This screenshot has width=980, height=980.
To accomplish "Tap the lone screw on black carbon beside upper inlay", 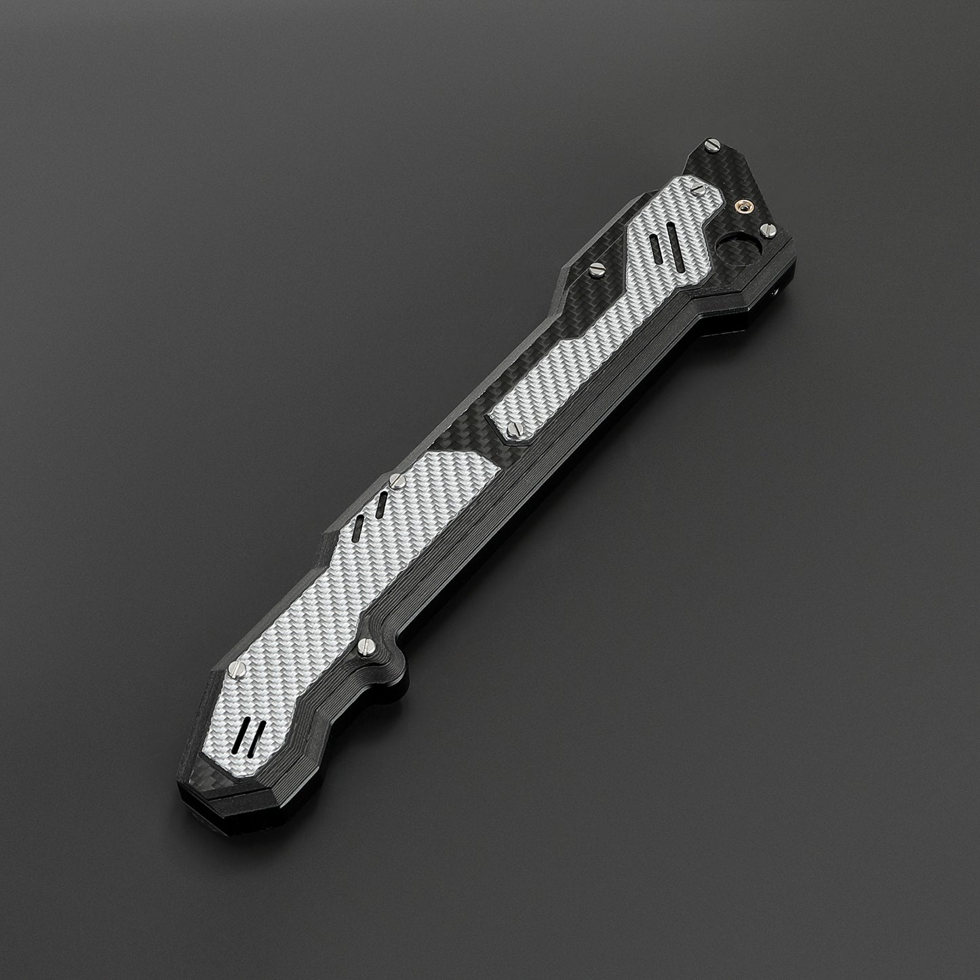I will [x=597, y=269].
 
